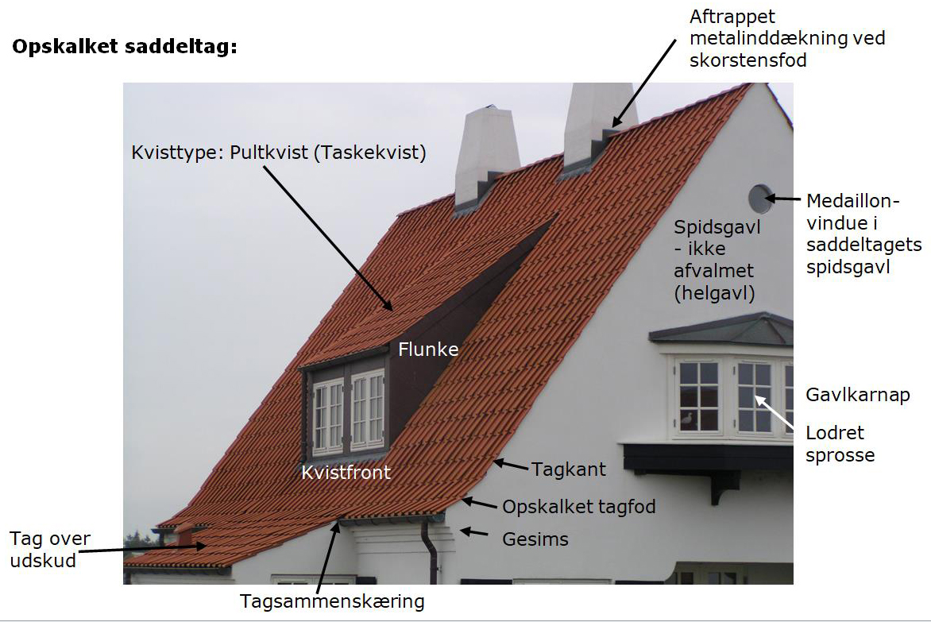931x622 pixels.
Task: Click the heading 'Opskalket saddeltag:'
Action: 125,46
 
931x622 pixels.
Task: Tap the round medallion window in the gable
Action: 759,199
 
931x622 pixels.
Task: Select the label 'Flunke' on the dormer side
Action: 428,349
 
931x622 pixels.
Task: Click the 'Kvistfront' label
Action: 346,473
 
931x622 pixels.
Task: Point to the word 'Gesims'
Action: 535,539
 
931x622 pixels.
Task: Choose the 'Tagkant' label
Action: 568,469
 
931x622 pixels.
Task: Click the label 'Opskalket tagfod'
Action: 579,507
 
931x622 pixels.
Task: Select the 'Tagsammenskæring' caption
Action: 332,601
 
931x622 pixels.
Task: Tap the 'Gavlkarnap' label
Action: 857,396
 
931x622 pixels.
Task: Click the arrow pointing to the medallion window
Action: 783,199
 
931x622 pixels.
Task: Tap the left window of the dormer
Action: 328,416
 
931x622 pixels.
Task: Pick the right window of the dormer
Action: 368,409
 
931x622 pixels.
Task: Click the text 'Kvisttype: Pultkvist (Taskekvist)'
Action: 279,153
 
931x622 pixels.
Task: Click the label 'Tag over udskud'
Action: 50,550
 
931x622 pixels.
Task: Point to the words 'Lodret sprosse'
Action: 840,444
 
